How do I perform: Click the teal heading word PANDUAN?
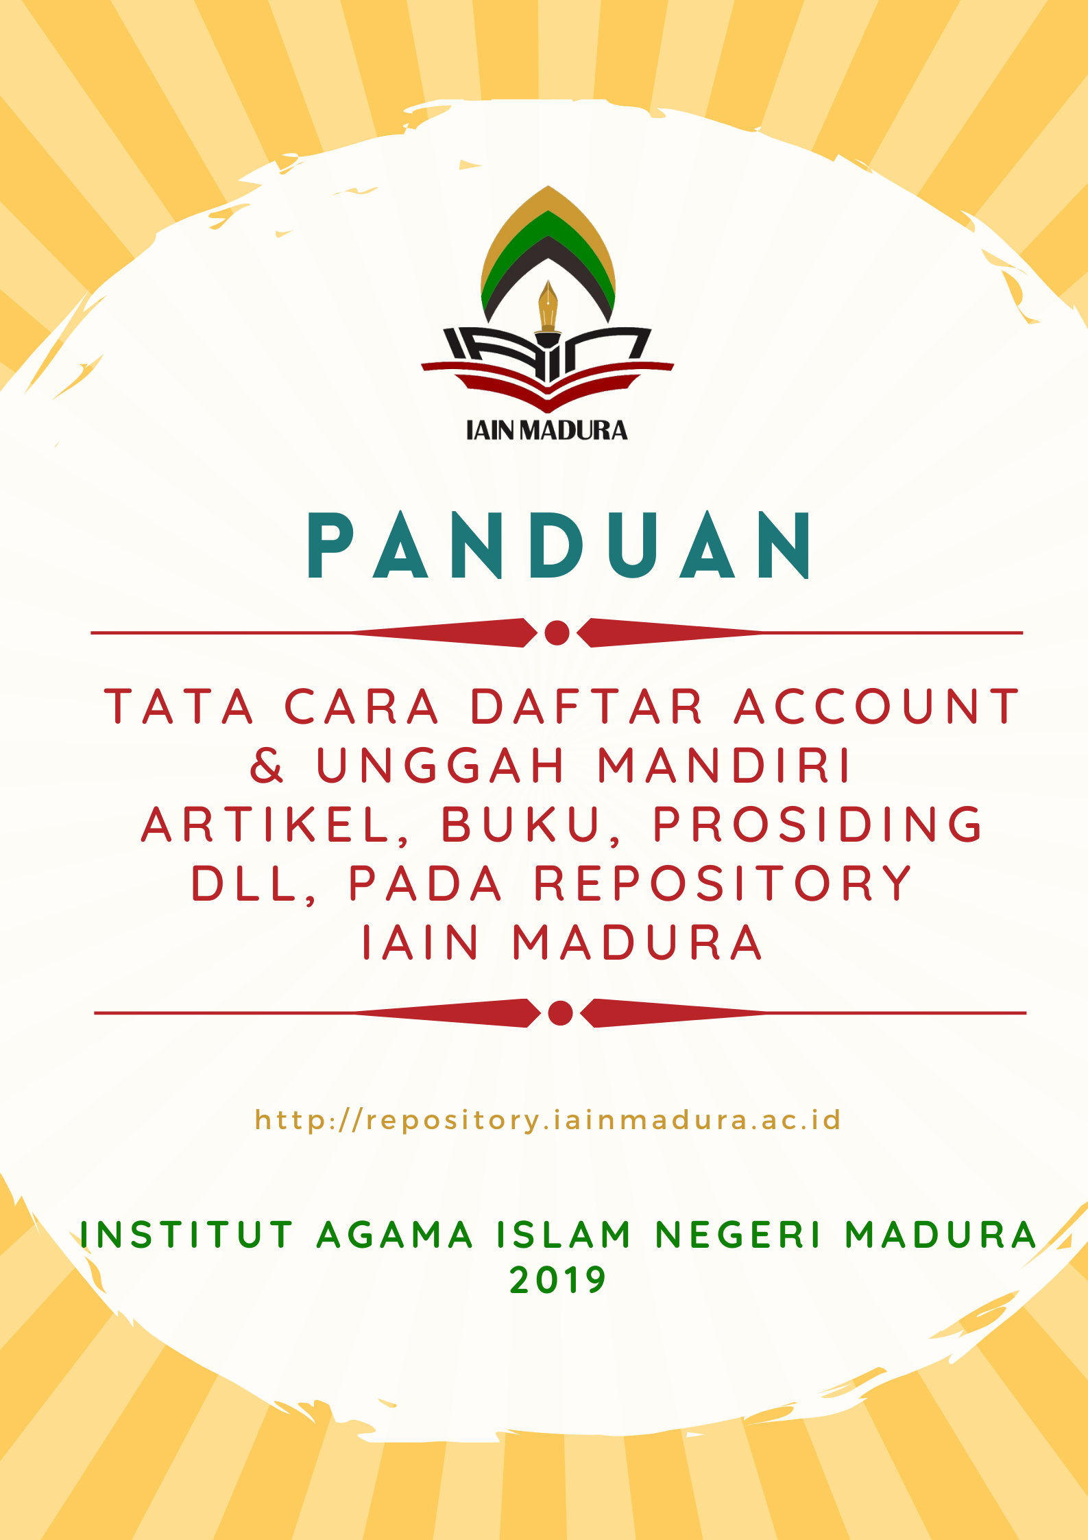[x=559, y=546]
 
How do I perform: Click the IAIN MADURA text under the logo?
[x=546, y=430]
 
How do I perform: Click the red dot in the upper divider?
[x=557, y=632]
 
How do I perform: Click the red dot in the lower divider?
[x=560, y=1012]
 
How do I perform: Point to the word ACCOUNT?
[x=878, y=707]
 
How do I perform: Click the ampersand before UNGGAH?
[x=267, y=766]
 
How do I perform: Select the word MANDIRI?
[x=725, y=766]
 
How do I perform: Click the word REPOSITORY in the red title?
[x=723, y=884]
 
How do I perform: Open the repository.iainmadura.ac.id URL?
[x=548, y=1120]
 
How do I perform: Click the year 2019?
[x=558, y=1280]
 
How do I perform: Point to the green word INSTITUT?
[x=187, y=1235]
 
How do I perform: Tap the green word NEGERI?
[x=738, y=1235]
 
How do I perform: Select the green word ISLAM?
[x=564, y=1235]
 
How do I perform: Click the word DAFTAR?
[x=587, y=707]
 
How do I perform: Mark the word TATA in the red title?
[x=180, y=707]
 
